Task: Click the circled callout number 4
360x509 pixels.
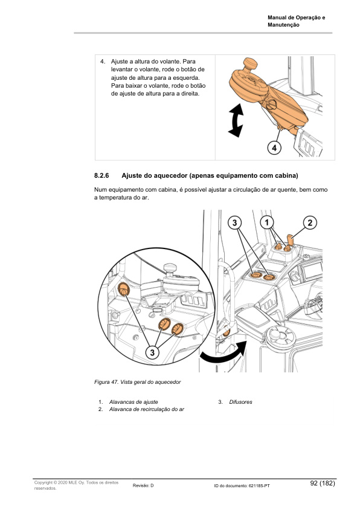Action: pyautogui.click(x=274, y=147)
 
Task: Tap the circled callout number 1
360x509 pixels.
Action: pyautogui.click(x=267, y=222)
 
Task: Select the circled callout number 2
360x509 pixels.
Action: pyautogui.click(x=309, y=222)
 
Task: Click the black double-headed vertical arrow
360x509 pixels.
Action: pyautogui.click(x=235, y=120)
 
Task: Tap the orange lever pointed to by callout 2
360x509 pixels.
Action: pyautogui.click(x=289, y=241)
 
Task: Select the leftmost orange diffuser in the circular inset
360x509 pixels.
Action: pyautogui.click(x=123, y=289)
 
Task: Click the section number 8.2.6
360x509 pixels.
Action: pyautogui.click(x=101, y=177)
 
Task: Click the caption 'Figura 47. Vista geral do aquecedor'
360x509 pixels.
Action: pyautogui.click(x=138, y=382)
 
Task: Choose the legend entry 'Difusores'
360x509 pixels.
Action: pyautogui.click(x=240, y=402)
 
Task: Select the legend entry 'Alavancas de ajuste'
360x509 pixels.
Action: pyautogui.click(x=133, y=402)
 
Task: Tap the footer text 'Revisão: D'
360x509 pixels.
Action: pyautogui.click(x=143, y=485)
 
